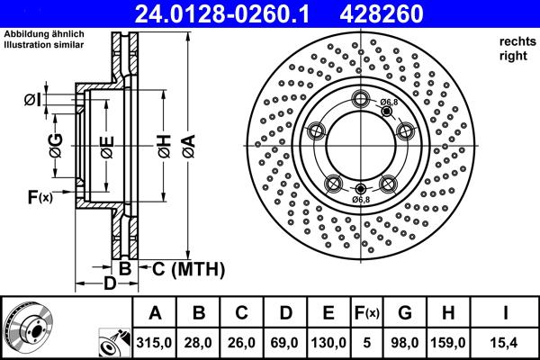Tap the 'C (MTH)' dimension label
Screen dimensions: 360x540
(x=186, y=269)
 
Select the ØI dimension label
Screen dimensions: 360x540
(x=32, y=99)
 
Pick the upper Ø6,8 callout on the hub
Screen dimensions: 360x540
(x=389, y=103)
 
